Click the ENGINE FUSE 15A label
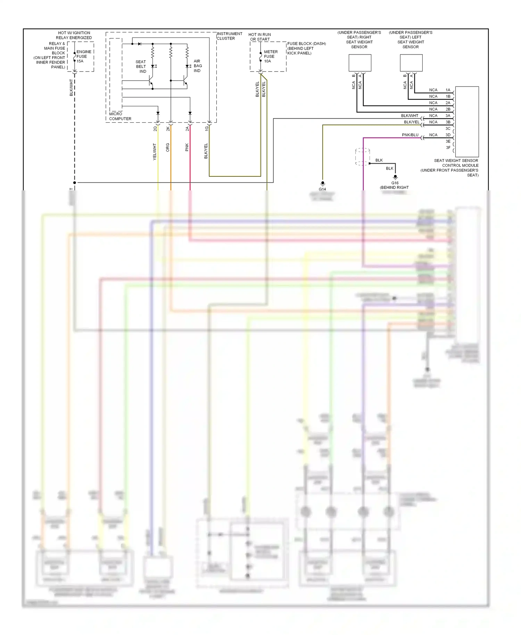point(83,56)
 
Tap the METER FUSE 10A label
point(271,56)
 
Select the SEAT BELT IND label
point(141,66)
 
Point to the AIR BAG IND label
point(197,66)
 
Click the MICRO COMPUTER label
point(120,116)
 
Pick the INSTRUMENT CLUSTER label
point(229,36)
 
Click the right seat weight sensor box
point(360,63)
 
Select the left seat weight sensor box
point(411,63)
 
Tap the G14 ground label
point(322,189)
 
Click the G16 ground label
point(395,183)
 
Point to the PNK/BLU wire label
point(410,135)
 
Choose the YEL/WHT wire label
point(155,151)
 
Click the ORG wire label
point(167,147)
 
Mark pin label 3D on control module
point(448,135)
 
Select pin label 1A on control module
point(448,90)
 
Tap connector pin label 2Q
point(155,129)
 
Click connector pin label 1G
point(206,129)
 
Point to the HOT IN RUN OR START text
point(259,37)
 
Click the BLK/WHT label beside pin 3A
point(410,116)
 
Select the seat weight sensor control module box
point(467,122)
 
